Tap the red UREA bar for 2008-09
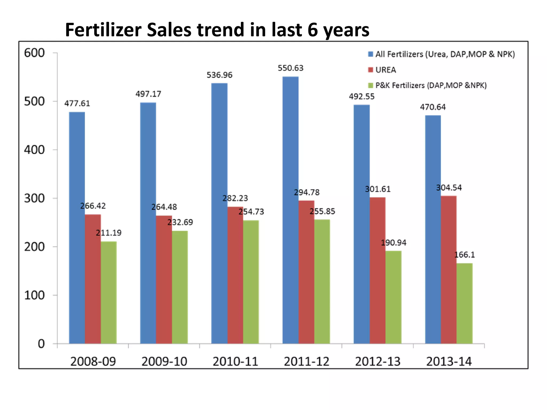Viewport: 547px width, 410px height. [93, 279]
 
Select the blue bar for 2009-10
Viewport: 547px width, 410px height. [148, 223]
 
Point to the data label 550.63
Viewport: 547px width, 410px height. [291, 68]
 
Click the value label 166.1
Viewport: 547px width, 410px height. [464, 255]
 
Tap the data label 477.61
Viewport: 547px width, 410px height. [77, 103]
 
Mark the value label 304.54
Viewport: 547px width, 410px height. [449, 188]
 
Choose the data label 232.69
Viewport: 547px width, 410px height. [180, 222]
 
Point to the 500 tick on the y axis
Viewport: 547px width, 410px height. [34, 101]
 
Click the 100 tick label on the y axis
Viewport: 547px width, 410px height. [34, 295]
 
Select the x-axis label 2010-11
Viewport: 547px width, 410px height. [235, 361]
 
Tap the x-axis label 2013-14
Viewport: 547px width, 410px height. [449, 361]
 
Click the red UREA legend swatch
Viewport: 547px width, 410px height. [370, 70]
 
